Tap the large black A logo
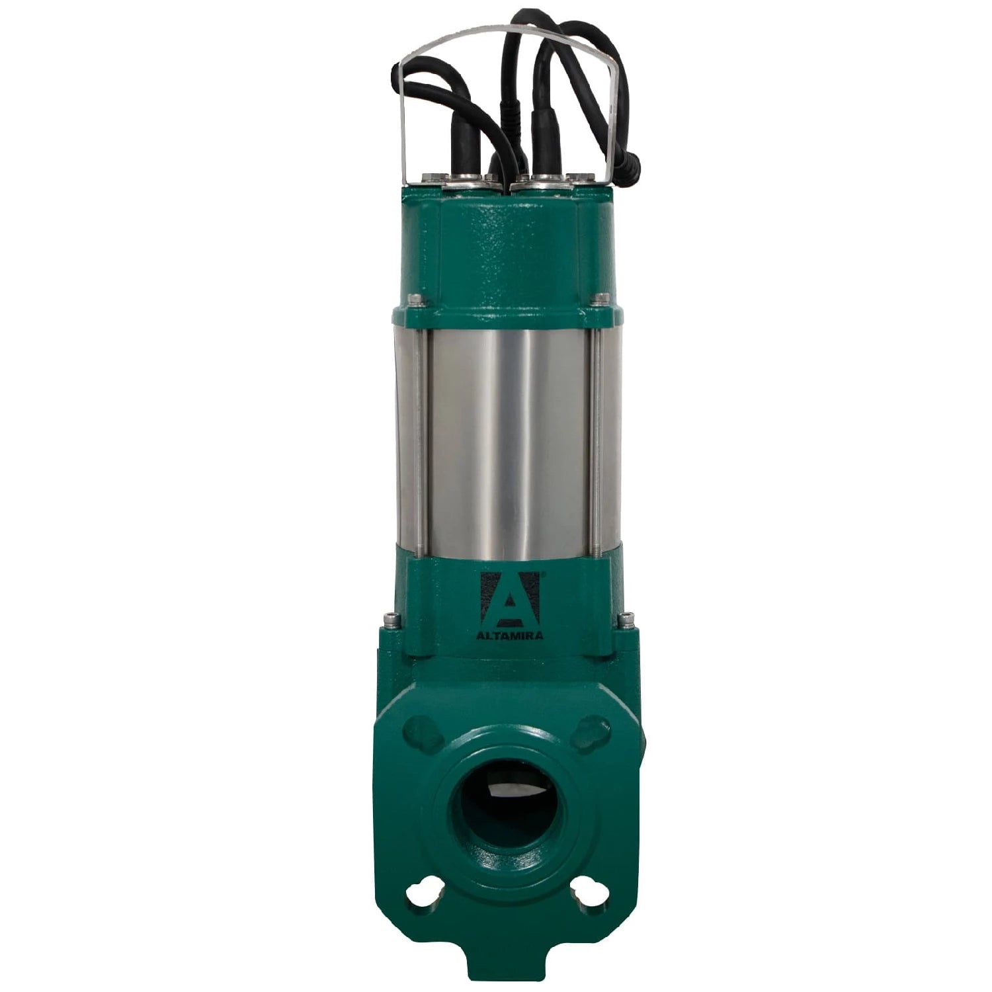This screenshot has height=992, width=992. click(x=509, y=599)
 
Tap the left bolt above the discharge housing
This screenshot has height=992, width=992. click(x=392, y=620)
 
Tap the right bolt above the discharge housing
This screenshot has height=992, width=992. click(x=625, y=620)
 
